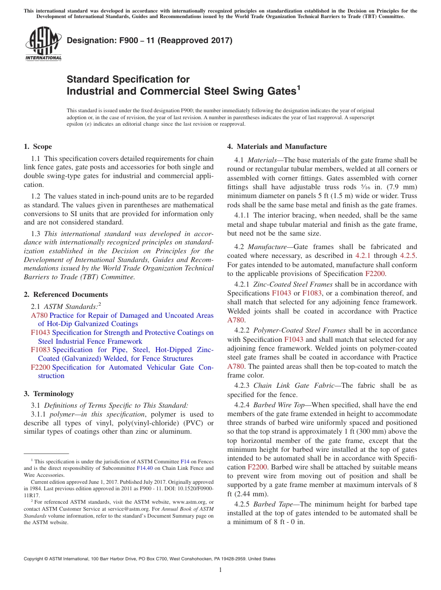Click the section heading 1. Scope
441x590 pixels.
coord(38,147)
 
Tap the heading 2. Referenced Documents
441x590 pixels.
coord(65,295)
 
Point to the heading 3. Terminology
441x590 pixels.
coord(48,394)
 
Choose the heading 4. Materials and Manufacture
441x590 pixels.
coord(277,147)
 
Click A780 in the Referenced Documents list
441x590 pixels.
coord(39,315)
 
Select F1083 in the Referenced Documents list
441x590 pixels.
coord(41,350)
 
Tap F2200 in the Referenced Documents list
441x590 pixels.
coord(41,367)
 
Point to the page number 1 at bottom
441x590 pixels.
coord(220,570)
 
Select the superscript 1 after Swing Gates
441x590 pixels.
coord(298,87)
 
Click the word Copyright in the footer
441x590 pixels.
coord(34,559)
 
